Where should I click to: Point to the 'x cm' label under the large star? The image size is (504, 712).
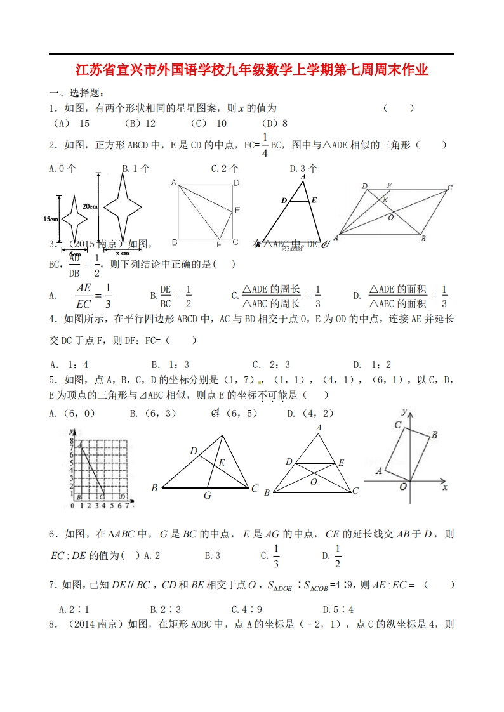pos(123,252)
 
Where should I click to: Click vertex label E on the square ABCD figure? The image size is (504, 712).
pos(237,210)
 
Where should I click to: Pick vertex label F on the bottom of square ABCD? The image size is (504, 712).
pos(218,244)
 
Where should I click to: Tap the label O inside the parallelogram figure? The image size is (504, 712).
pos(391,217)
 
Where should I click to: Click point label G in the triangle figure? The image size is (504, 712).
pos(207,496)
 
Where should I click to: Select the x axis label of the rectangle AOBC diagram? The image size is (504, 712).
pos(444,487)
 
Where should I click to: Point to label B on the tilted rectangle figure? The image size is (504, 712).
pos(434,435)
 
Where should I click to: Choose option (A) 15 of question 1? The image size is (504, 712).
pos(72,124)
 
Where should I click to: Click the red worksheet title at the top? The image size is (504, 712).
pos(252,70)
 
